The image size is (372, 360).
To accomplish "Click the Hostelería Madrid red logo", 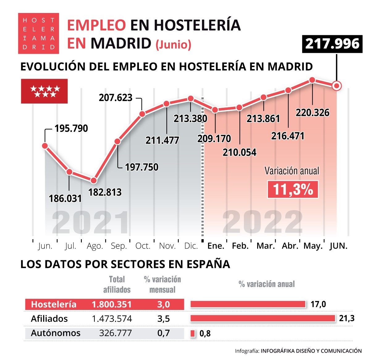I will [x=39, y=33].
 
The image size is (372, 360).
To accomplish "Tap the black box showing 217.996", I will [x=332, y=44].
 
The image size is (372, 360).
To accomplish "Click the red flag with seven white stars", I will [x=44, y=91].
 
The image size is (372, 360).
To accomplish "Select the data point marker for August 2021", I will [x=94, y=180].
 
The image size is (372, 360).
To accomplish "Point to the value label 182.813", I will [x=105, y=192].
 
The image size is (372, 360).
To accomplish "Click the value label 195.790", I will [x=71, y=128].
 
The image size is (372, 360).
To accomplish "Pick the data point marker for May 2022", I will [x=312, y=80].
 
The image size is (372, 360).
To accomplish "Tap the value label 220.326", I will [x=312, y=112].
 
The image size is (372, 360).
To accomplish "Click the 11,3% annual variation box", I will [x=293, y=189].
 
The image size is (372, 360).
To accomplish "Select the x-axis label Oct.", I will [x=143, y=246].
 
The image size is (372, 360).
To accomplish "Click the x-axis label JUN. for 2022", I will [x=338, y=246].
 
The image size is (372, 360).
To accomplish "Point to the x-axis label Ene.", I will [x=216, y=246].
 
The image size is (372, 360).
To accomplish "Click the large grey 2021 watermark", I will [x=90, y=222].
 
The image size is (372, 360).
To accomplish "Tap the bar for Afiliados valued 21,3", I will [x=263, y=318].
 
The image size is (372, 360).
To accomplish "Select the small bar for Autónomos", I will [x=193, y=333].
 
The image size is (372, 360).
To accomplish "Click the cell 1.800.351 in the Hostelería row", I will [x=111, y=304].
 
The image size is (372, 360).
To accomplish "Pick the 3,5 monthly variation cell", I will [x=163, y=319].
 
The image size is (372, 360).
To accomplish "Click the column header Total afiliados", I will [x=117, y=284].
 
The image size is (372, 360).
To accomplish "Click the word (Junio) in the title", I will [x=173, y=44].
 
